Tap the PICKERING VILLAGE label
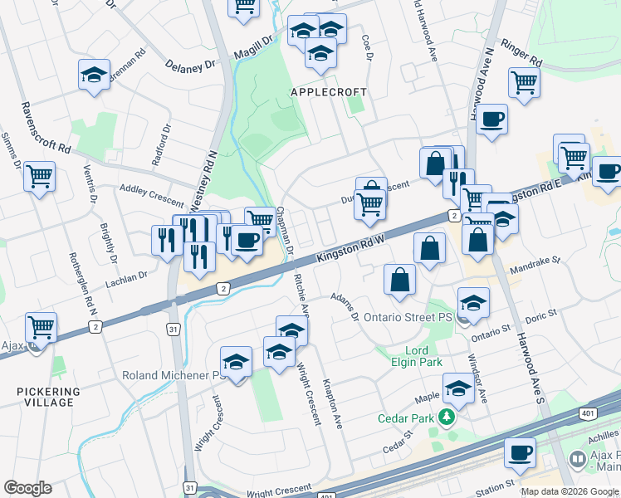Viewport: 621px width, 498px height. click(x=48, y=397)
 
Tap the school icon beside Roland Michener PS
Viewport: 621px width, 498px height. click(x=237, y=362)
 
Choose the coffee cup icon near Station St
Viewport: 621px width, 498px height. click(x=521, y=452)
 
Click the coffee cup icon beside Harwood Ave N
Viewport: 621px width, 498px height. click(x=491, y=119)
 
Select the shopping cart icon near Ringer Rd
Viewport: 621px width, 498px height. click(x=524, y=81)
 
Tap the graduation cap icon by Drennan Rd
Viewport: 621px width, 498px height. click(x=95, y=76)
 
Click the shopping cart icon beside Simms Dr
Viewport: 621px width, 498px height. click(x=40, y=176)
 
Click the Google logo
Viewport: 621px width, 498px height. click(x=27, y=488)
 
